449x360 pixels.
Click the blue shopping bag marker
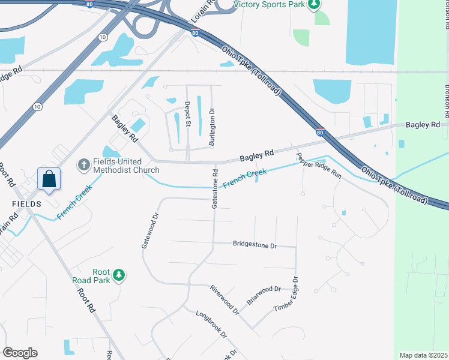click(49, 179)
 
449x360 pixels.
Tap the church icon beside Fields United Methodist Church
click(85, 163)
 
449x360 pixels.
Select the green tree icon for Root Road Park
click(119, 275)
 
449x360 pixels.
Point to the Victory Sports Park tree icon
click(312, 5)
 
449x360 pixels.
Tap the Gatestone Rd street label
click(214, 188)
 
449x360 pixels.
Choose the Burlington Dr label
click(211, 127)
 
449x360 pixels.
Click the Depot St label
click(187, 114)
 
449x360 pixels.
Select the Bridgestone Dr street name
click(255, 245)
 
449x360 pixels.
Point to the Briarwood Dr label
click(264, 295)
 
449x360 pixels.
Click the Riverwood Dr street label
click(224, 300)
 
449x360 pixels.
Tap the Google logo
click(20, 353)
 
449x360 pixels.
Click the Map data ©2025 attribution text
click(423, 355)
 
